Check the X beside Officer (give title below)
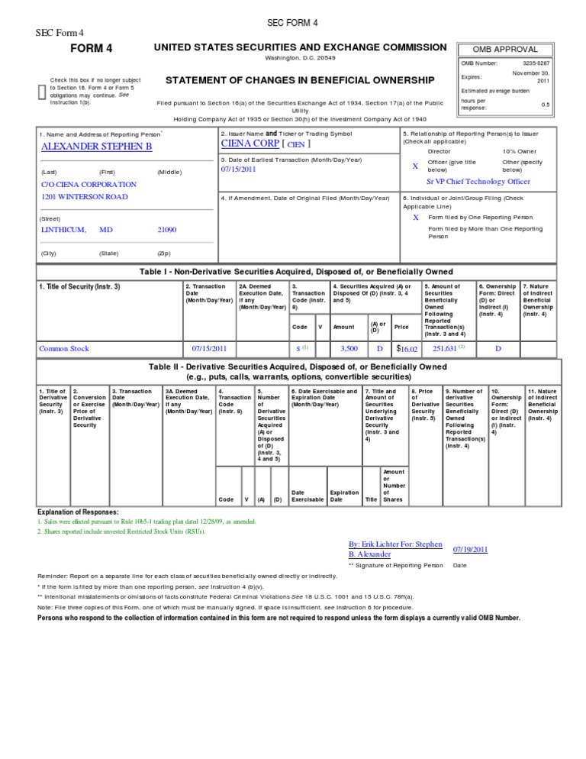coord(415,166)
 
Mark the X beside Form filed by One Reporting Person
coord(415,217)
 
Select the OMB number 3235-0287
coord(536,63)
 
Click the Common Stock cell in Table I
coord(64,349)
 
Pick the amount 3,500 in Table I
coord(349,349)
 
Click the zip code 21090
coord(166,229)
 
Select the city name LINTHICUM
coord(63,229)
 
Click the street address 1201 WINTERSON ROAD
coord(84,197)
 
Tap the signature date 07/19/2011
coord(470,548)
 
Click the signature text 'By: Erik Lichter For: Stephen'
coord(395,544)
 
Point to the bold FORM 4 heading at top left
coord(91,49)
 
